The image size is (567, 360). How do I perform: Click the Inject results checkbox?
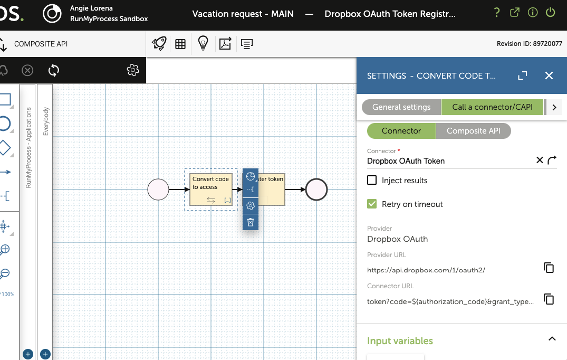coord(372,180)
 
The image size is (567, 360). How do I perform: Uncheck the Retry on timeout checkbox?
coord(372,204)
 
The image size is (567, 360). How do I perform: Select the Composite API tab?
coord(473,131)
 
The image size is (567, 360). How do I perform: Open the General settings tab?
coord(401,107)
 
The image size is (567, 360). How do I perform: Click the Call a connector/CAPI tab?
coord(492,107)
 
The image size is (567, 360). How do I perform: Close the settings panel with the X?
coord(549,75)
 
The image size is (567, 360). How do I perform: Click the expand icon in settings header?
coord(523,75)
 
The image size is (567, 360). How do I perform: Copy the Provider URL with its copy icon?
coord(549,268)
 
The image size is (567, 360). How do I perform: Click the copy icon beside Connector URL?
coord(549,299)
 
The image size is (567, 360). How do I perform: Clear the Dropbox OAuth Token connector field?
coord(540,160)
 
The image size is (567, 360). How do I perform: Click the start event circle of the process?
coord(158,189)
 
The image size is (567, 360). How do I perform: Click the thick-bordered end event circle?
coord(316,189)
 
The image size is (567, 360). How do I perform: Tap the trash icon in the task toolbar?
coord(250,222)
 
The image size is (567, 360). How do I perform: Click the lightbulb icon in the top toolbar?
coord(203,43)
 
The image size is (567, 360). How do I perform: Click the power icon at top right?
coord(550,12)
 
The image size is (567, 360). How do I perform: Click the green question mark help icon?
coord(497,13)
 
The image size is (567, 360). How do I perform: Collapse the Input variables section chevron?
coord(552,339)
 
